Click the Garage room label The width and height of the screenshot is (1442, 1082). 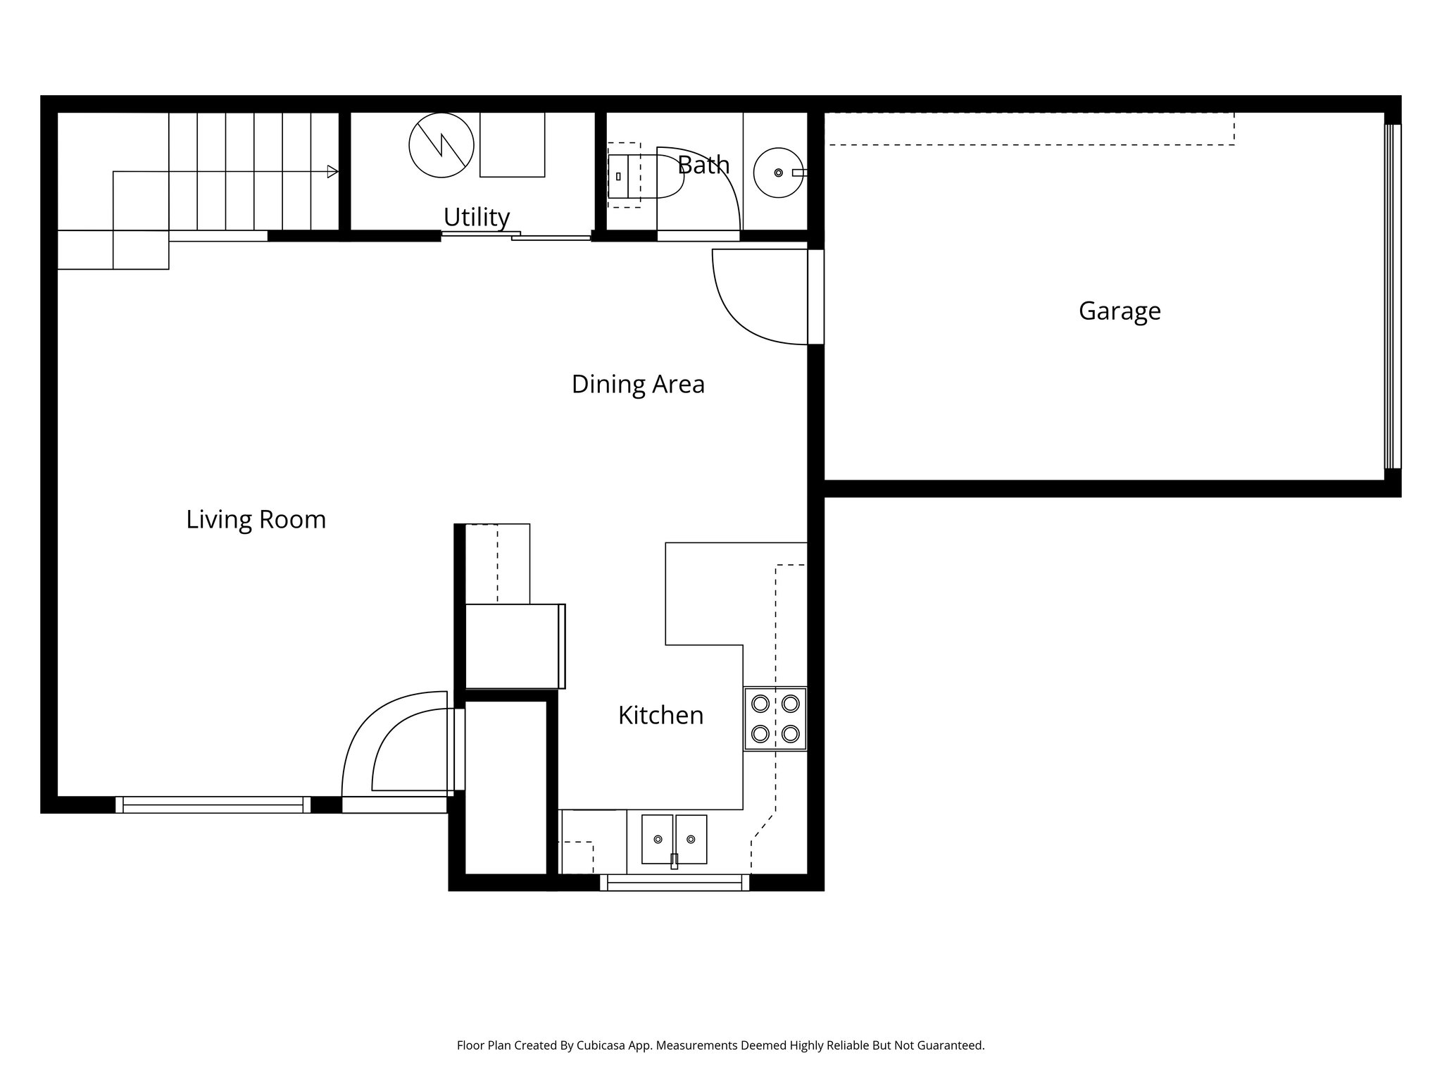click(1119, 311)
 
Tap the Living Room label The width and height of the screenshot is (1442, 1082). click(256, 520)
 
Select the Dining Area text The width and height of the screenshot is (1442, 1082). click(637, 385)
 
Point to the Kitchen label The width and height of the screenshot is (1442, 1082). click(660, 716)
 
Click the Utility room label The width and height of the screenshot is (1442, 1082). click(476, 217)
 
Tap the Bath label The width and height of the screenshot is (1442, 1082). click(703, 166)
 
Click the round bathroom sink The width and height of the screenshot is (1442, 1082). click(777, 173)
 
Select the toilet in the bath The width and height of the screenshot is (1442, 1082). click(644, 176)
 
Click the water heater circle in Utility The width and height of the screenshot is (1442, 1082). click(441, 145)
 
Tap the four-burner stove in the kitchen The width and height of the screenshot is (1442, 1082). click(775, 719)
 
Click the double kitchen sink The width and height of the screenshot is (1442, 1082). click(674, 839)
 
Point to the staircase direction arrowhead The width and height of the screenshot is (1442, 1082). click(332, 171)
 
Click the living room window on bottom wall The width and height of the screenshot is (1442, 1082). click(213, 804)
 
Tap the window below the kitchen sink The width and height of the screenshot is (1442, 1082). click(674, 882)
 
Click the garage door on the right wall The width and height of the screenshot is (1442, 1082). click(1392, 296)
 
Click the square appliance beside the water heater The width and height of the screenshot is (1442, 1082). click(512, 145)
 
